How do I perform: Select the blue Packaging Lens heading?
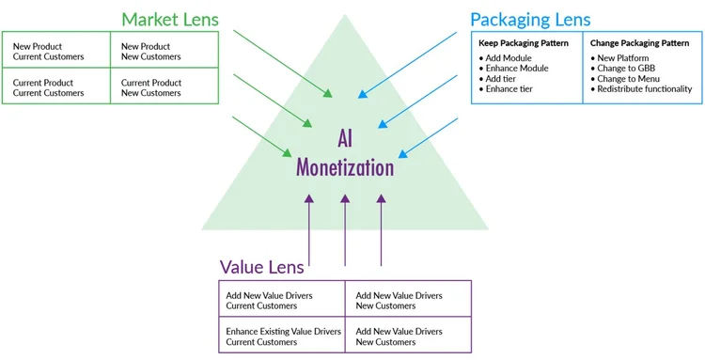[x=531, y=18]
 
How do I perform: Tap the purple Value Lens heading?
[x=262, y=267]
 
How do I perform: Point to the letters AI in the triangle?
[x=345, y=139]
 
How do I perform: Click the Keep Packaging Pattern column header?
[x=523, y=43]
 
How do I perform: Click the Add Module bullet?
[x=509, y=58]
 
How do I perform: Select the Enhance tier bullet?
[x=509, y=89]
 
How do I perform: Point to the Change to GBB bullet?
[x=625, y=69]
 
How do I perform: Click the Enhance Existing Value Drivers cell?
[x=282, y=336]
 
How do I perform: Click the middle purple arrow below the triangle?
[x=345, y=230]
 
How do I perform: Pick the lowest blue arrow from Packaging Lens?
[x=428, y=137]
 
